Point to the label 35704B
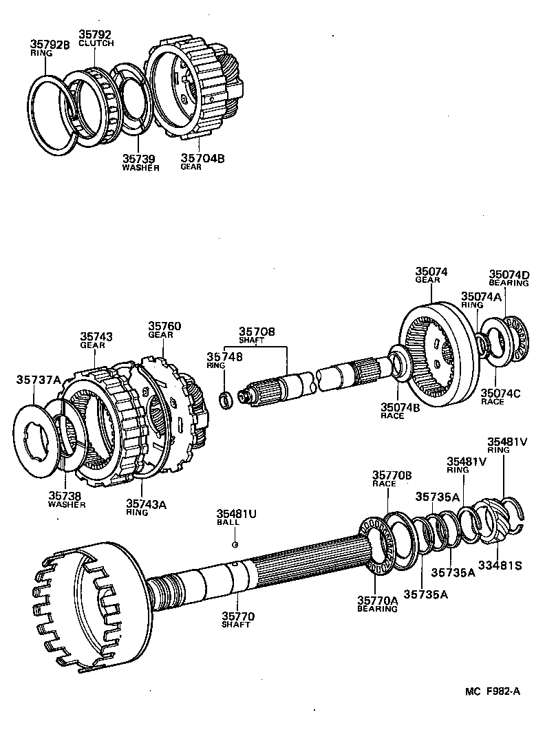coord(202,158)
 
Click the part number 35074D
coord(509,274)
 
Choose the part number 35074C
coord(502,393)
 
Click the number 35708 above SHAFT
coord(257,332)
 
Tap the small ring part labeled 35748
coord(225,399)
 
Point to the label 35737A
coord(39,379)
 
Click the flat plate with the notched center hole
coord(42,440)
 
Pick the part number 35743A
coord(146,504)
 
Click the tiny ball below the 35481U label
coord(235,544)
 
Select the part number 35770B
coord(392,475)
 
